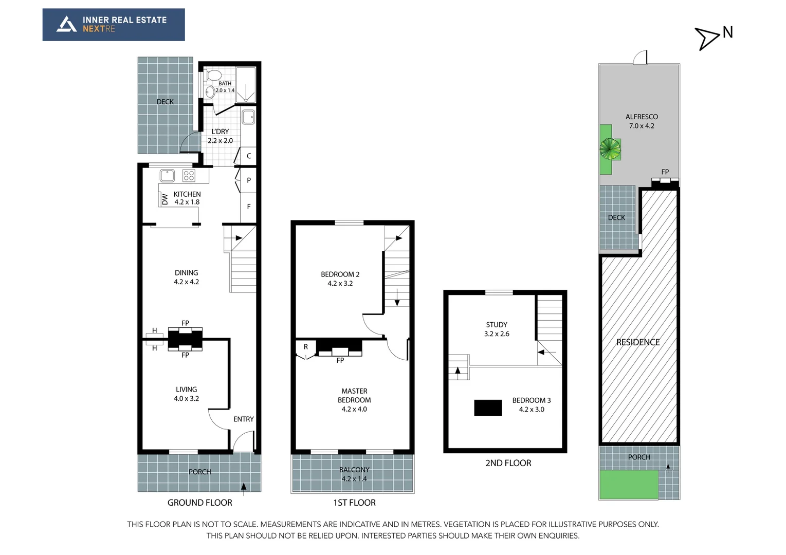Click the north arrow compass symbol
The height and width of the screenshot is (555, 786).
(707, 39)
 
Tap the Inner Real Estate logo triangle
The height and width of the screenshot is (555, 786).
(66, 24)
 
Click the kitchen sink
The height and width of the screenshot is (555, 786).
(167, 176)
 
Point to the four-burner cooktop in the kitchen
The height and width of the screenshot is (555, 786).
(189, 176)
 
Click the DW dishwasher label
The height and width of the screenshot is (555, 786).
(164, 199)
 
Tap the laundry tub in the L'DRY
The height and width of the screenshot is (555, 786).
(248, 117)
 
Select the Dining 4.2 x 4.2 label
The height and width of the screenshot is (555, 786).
(186, 277)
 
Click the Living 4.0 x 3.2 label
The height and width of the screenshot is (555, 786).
(186, 394)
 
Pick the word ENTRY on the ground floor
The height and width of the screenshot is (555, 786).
(244, 419)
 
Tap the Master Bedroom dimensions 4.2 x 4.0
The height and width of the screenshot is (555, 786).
(354, 409)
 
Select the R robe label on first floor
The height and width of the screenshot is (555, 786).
(306, 347)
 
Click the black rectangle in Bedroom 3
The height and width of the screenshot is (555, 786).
(487, 408)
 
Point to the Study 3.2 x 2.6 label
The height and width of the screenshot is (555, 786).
(497, 329)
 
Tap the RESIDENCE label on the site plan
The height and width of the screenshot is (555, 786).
(638, 342)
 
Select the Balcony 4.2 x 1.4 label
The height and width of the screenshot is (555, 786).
(354, 474)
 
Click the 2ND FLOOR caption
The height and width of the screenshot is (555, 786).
(508, 463)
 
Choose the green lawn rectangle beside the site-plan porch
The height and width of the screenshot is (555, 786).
(628, 484)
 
